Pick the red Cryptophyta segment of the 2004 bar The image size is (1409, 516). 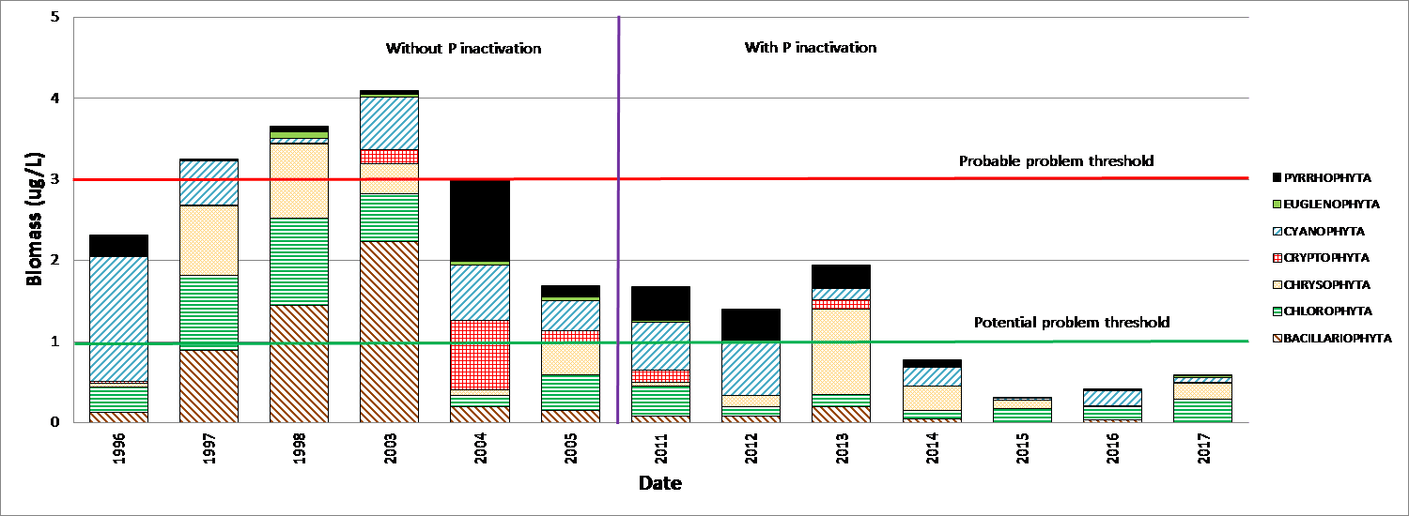pyautogui.click(x=480, y=355)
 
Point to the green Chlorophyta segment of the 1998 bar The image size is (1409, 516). pyautogui.click(x=299, y=262)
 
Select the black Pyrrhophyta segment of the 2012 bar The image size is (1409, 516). pyautogui.click(x=751, y=325)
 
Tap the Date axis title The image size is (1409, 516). pyautogui.click(x=660, y=484)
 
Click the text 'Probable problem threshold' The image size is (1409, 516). pyautogui.click(x=1056, y=161)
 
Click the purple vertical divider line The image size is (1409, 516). pyautogui.click(x=618, y=235)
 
